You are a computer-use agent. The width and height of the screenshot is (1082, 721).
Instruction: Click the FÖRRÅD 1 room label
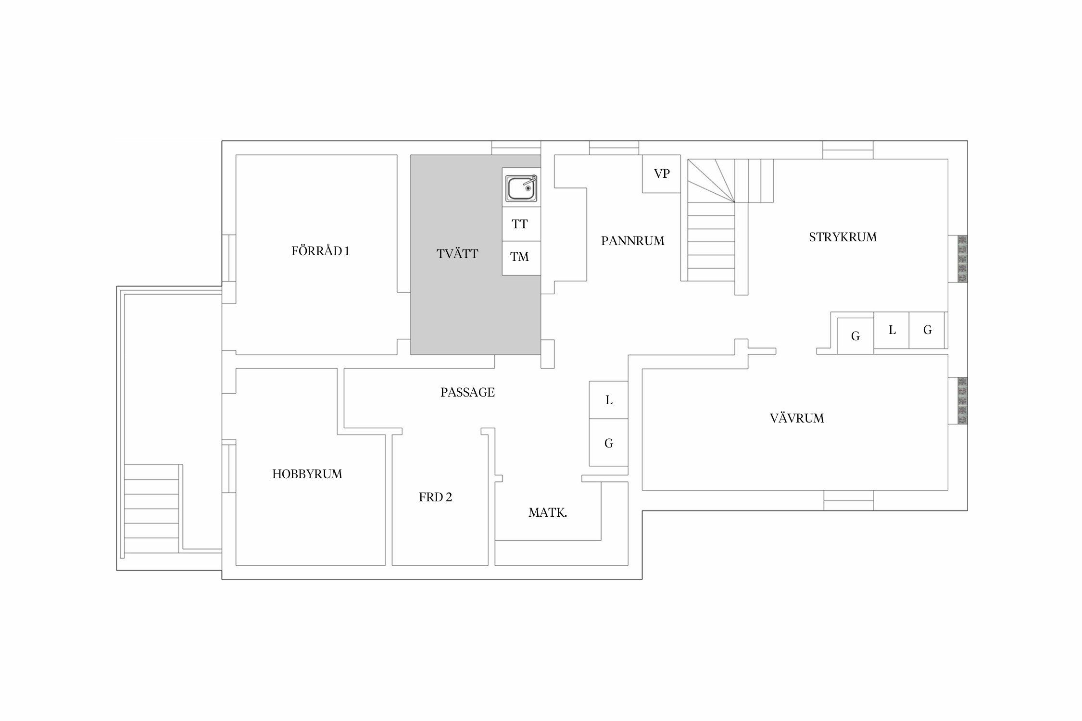[x=320, y=251]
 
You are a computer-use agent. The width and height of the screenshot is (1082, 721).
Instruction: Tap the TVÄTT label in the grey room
[x=457, y=254]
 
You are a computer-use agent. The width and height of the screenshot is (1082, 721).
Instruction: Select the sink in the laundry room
[x=521, y=188]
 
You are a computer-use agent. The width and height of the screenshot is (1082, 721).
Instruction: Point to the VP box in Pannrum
[x=662, y=174]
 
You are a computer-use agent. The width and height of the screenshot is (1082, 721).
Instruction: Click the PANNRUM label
[x=632, y=241]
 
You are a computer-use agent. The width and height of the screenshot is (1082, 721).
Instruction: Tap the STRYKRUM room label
[x=843, y=237]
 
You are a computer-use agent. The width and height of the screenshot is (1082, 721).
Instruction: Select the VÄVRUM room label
[x=797, y=418]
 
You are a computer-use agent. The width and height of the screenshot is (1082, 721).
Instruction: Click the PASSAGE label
[x=467, y=392]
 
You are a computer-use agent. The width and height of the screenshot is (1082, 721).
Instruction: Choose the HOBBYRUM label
[x=307, y=474]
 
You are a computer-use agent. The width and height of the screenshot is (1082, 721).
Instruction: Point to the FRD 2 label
[x=435, y=497]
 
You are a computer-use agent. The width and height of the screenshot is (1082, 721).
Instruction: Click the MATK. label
[x=548, y=513]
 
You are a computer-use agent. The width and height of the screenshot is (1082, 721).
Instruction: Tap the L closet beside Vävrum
[x=609, y=400]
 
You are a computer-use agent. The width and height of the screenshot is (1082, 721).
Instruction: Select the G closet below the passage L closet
[x=609, y=442]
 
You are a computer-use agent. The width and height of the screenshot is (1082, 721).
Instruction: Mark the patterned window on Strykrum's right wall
[x=962, y=259]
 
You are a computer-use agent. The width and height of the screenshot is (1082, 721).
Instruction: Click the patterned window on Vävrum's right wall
[x=962, y=400]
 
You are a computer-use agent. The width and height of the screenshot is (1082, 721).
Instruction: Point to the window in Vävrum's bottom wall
[x=849, y=500]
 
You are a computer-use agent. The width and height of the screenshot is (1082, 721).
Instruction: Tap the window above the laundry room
[x=516, y=148]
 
